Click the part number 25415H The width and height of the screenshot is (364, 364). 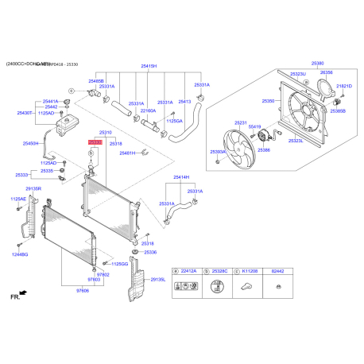point(149,67)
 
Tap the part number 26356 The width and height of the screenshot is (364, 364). point(326,73)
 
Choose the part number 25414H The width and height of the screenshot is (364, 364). point(180,177)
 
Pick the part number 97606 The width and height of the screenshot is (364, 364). point(82,291)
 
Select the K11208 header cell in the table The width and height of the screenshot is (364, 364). point(250,271)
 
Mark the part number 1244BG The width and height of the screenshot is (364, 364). point(19,254)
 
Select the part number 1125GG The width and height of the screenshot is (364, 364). point(119,263)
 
